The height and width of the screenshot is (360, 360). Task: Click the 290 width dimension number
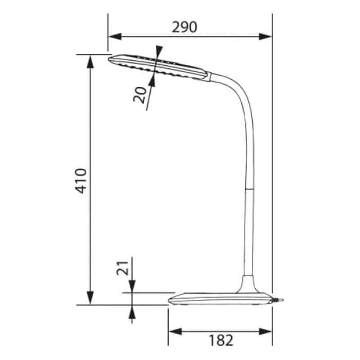[184, 27]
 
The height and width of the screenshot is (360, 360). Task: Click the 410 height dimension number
[81, 180]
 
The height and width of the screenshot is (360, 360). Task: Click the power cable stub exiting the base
[279, 299]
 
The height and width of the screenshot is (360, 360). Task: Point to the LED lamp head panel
[157, 67]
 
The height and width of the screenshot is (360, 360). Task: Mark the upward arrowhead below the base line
[132, 311]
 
